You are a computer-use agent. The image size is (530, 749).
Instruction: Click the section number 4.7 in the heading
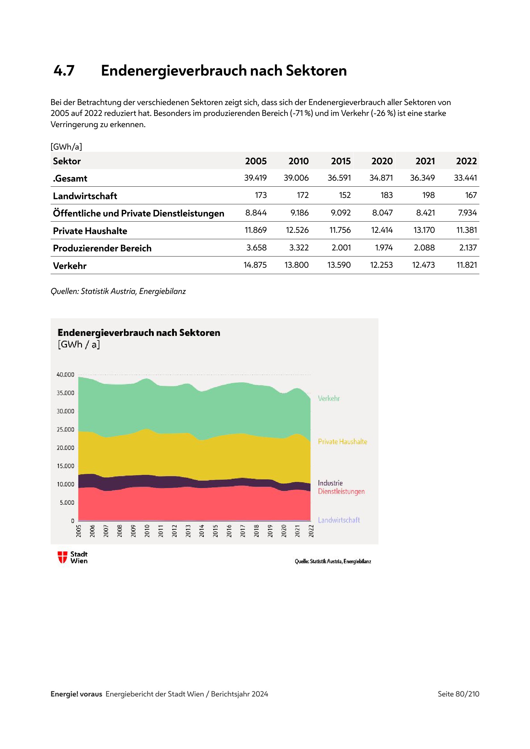coord(64,71)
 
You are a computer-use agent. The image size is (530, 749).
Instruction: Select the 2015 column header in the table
coord(341,161)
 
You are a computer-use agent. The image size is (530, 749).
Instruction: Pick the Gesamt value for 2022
coord(465,178)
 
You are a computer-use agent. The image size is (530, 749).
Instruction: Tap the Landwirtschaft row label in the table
coord(85,196)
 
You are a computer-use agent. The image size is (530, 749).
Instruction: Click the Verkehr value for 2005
coord(255,265)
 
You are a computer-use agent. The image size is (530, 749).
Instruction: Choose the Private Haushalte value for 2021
coord(424,230)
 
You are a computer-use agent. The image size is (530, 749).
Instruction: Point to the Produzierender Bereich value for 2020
coord(384,248)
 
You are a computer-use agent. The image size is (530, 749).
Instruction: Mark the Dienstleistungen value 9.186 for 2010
coord(299,213)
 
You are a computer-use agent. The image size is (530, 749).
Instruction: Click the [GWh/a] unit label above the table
coord(66,147)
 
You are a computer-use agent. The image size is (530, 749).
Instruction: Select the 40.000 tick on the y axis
coord(65,375)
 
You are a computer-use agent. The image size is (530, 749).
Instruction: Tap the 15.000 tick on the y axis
coord(65,466)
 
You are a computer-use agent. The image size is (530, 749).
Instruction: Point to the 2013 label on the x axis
coord(188,531)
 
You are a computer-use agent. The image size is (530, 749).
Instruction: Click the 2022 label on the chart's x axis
coord(311,531)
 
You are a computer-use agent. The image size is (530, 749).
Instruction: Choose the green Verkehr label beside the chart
coord(329,399)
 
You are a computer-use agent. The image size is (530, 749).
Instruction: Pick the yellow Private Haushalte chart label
coord(342,442)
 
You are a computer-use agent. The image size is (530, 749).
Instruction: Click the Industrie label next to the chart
coord(330,483)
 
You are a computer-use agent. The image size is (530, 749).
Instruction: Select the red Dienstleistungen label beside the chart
coord(341,492)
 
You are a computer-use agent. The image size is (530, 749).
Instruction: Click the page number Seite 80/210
coord(458,694)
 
